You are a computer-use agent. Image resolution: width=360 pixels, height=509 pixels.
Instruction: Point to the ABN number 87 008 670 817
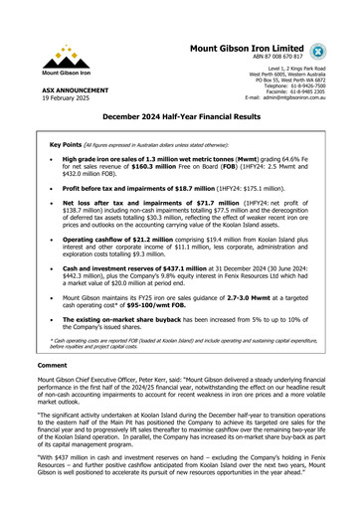pos(280,59)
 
